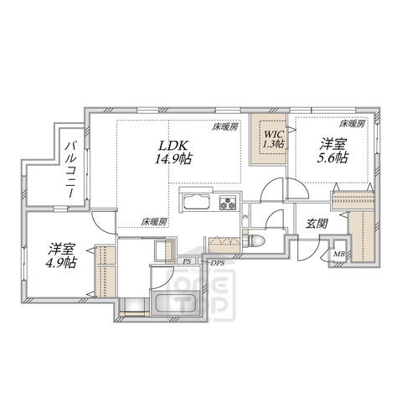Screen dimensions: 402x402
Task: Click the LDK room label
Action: point(168,144)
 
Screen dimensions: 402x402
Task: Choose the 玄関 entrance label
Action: point(316,224)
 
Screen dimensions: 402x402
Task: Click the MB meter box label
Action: point(339,255)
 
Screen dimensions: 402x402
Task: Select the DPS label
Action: point(217,263)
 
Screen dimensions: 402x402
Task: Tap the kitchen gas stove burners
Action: point(228,205)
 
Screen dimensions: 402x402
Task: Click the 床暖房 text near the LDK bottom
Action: point(153,222)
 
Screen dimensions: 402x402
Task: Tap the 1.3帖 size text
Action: point(273,145)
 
